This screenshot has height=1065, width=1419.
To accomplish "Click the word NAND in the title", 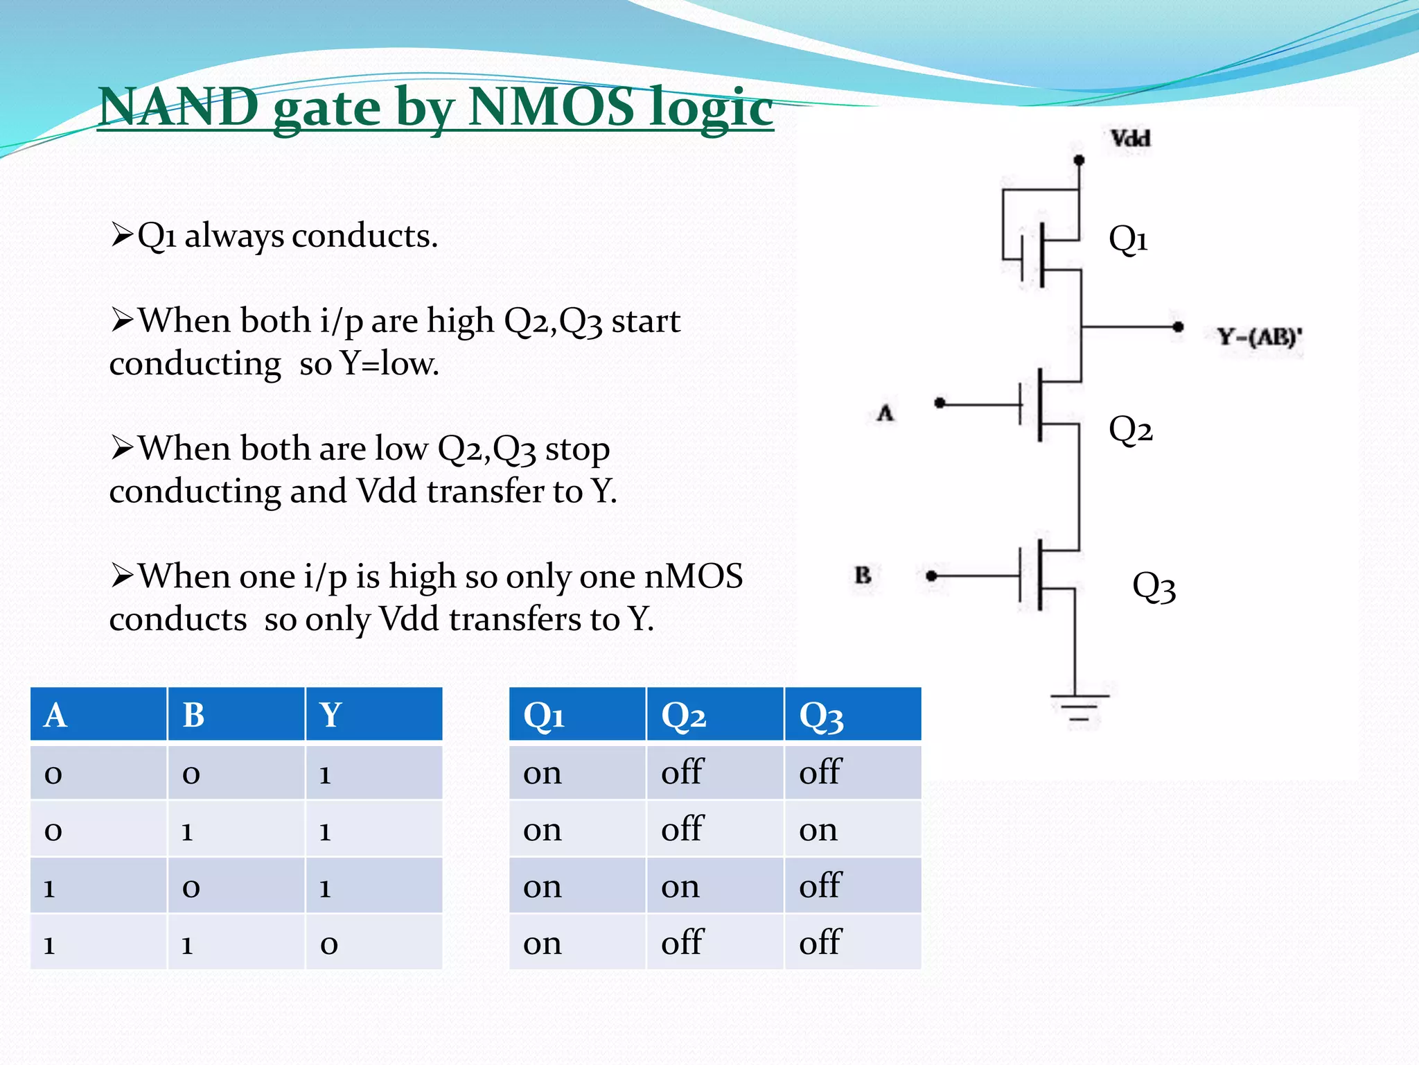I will point(179,107).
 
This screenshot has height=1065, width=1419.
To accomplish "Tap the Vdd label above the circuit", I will point(1130,138).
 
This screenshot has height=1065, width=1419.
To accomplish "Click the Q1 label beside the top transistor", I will point(1128,239).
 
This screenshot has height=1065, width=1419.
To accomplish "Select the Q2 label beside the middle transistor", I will point(1130,430).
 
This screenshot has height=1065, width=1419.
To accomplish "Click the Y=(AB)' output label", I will point(1260,338).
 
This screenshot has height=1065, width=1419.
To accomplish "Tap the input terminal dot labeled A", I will point(940,403).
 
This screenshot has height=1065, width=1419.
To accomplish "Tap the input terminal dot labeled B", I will point(931,575).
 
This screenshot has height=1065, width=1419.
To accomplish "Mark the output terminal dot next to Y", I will point(1177,327).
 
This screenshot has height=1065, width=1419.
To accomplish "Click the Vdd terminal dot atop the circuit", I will point(1079,160).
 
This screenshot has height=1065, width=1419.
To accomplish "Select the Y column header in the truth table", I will point(330,715).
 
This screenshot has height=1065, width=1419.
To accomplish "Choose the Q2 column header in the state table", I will point(683,715).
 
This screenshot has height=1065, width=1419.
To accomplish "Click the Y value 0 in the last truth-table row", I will point(329,944).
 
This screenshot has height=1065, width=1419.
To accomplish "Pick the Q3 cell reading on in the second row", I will point(818,829).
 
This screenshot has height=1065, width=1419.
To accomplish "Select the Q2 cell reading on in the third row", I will point(680,886).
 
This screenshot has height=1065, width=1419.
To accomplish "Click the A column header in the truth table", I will point(55,715).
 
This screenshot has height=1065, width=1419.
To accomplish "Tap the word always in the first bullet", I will point(234,236).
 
